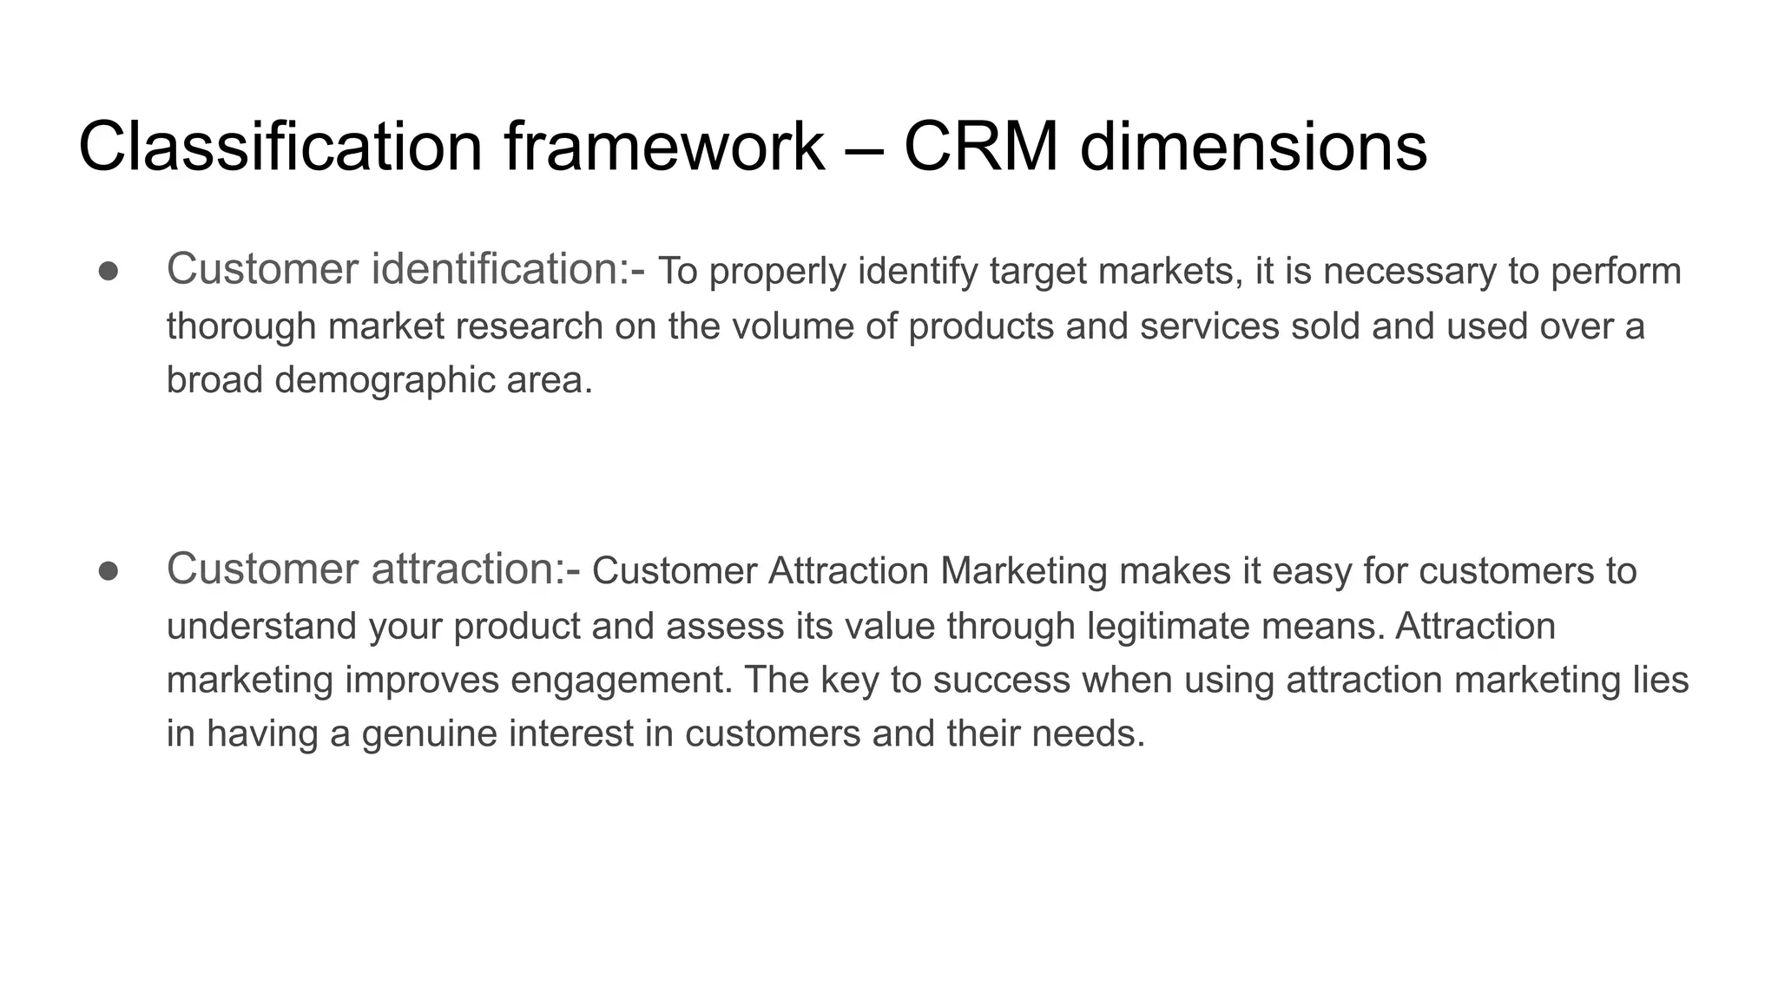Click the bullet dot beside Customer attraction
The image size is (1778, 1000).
(109, 571)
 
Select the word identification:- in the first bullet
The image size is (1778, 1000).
(508, 269)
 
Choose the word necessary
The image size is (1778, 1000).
(1410, 271)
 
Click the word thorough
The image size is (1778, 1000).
(241, 326)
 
